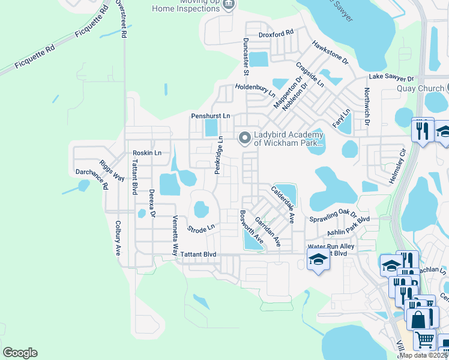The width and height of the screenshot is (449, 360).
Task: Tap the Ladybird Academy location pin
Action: (x=244, y=139)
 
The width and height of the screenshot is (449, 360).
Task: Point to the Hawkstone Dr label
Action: (x=330, y=52)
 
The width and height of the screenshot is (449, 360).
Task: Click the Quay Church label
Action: (x=414, y=88)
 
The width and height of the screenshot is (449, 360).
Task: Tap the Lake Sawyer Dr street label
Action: (x=391, y=78)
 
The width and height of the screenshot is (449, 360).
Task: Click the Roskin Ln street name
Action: (x=147, y=153)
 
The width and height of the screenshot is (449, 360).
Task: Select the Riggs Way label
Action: (x=112, y=170)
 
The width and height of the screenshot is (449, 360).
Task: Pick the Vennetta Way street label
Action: (x=175, y=236)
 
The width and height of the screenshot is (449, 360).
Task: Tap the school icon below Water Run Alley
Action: (x=318, y=259)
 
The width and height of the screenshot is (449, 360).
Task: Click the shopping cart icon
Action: (x=424, y=339)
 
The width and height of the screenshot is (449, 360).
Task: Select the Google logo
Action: (x=20, y=353)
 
